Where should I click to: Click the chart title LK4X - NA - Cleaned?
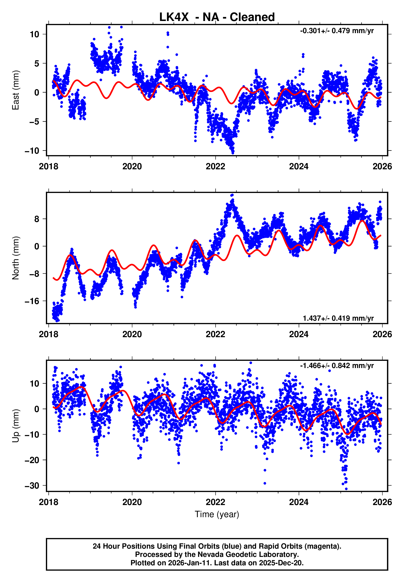[x=217, y=17]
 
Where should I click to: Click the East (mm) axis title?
[x=16, y=90]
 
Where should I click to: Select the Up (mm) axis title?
[x=16, y=426]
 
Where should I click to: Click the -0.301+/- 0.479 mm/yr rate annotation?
[x=337, y=31]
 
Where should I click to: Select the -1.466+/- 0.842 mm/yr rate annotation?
[x=337, y=366]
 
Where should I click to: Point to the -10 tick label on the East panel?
[x=32, y=151]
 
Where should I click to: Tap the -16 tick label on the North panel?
[x=32, y=301]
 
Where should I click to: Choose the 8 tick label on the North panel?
[x=37, y=219]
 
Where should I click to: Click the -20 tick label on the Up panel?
[x=32, y=460]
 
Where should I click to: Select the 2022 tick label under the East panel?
[x=215, y=166]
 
